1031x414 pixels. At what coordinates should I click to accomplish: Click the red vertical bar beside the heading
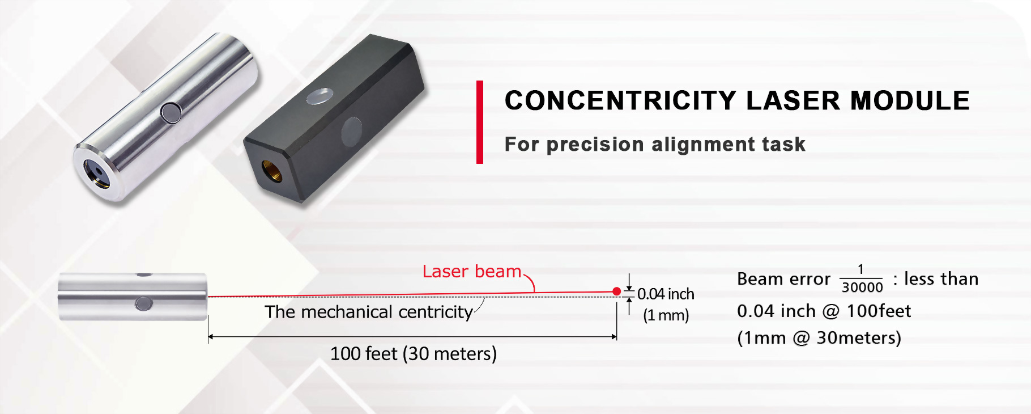click(480, 122)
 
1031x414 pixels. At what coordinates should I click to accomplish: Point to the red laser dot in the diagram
click(617, 292)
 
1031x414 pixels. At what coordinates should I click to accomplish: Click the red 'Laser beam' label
click(472, 272)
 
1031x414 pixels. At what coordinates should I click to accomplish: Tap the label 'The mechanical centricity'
click(369, 312)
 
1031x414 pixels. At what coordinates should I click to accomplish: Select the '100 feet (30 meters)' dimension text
click(414, 354)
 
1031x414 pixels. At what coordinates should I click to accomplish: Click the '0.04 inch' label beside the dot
click(666, 294)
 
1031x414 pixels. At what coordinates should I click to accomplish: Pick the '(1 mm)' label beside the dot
click(666, 315)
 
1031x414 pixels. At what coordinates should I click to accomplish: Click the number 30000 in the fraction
click(862, 288)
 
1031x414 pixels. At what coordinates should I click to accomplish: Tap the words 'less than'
click(941, 279)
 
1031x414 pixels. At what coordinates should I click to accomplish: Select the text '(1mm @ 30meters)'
click(819, 338)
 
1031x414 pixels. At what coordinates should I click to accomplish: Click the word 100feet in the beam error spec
click(879, 311)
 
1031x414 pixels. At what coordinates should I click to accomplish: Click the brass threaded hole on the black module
click(272, 171)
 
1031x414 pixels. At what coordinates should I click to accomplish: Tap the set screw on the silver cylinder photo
click(171, 112)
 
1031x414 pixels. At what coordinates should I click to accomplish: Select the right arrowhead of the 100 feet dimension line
click(614, 337)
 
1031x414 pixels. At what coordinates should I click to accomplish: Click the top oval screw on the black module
click(319, 96)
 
